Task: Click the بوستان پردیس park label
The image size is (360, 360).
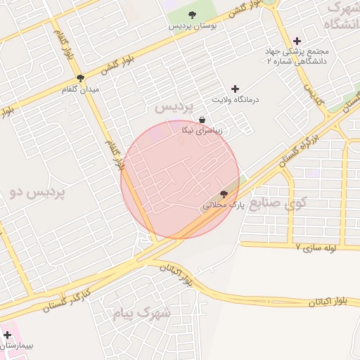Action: tap(191, 25)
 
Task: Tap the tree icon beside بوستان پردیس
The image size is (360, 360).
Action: tap(193, 14)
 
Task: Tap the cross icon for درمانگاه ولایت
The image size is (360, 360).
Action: tap(235, 89)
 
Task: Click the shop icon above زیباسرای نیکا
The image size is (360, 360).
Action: tap(202, 120)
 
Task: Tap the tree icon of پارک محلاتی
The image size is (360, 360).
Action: tap(224, 194)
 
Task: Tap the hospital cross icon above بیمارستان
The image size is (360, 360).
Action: tap(8, 335)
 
